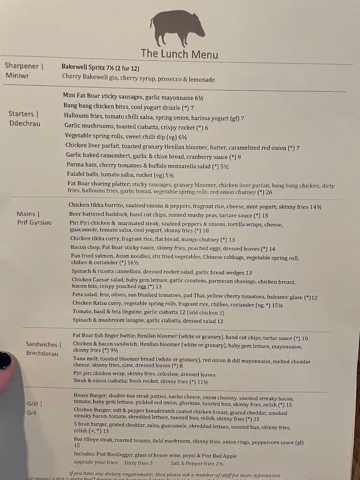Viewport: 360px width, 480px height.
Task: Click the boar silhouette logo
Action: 178,29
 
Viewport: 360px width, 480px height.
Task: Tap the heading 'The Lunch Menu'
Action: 179,53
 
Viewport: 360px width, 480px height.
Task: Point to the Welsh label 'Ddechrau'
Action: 24,123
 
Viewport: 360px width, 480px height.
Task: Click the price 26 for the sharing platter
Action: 269,192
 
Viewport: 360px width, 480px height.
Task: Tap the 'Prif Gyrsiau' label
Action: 34,222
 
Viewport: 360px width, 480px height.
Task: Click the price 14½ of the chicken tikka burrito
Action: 315,207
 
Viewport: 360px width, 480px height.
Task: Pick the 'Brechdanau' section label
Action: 42,353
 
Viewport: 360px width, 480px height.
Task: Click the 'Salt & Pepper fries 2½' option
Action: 197,463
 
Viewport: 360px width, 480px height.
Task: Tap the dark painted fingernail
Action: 6,360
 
